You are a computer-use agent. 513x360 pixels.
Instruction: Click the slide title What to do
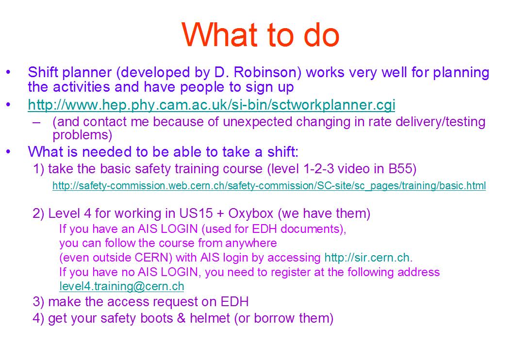click(261, 35)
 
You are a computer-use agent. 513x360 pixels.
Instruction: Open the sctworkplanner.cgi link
click(211, 105)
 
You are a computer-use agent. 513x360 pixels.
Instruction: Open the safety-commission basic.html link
click(269, 186)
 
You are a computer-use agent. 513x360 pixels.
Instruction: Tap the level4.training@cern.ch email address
click(122, 286)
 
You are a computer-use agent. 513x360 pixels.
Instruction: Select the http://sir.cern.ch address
click(368, 257)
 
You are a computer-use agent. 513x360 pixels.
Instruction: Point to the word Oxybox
click(250, 213)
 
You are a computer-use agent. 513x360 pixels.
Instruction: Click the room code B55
click(402, 169)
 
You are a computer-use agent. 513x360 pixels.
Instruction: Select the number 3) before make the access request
click(38, 301)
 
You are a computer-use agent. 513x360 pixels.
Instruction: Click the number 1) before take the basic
click(38, 169)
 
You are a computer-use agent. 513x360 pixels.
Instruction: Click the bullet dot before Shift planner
click(9, 73)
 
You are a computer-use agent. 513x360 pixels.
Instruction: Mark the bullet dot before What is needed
click(9, 152)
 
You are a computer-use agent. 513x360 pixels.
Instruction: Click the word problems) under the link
click(83, 135)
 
